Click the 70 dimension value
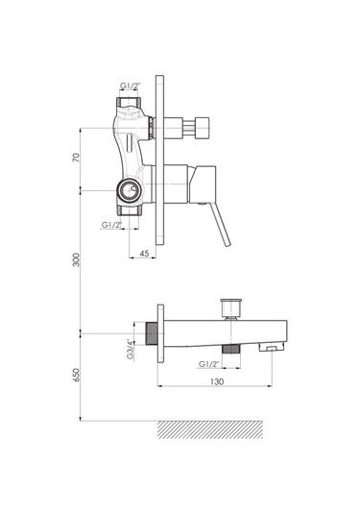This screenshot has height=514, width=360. [76, 158]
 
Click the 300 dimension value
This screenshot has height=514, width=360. [76, 259]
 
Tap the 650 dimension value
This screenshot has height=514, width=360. [76, 375]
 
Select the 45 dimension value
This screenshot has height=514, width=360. [144, 253]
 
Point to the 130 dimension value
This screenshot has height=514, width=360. [217, 381]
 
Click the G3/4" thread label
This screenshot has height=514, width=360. [131, 351]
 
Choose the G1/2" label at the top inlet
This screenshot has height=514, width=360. [130, 86]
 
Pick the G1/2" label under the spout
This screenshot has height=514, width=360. [209, 364]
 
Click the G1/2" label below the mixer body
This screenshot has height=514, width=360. [111, 225]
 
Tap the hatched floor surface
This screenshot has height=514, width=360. [210, 429]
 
